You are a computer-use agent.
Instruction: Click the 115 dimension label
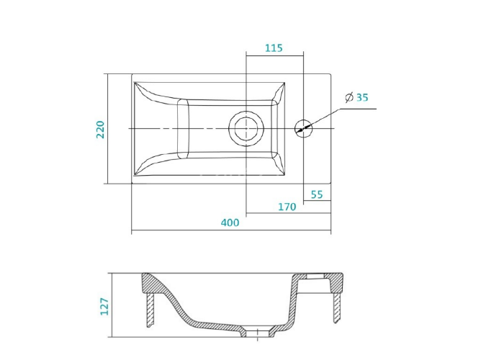[x=274, y=48]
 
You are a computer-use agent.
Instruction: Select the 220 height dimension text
[x=100, y=130]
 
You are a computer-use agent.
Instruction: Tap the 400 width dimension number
[x=230, y=222]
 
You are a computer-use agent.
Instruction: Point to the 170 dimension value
[x=287, y=207]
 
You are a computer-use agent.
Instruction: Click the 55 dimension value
[x=317, y=194]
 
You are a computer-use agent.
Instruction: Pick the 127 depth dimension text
[x=104, y=307]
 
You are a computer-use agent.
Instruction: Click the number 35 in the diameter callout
[x=362, y=98]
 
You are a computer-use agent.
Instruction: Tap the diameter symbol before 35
[x=349, y=97]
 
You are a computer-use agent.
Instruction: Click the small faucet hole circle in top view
[x=303, y=128]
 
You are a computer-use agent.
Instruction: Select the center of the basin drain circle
[x=246, y=128]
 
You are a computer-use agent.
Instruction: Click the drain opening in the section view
[x=258, y=333]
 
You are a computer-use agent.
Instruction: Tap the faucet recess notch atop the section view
[x=315, y=276]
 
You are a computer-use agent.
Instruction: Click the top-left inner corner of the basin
[x=135, y=83]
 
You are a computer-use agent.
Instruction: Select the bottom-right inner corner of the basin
[x=285, y=175]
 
